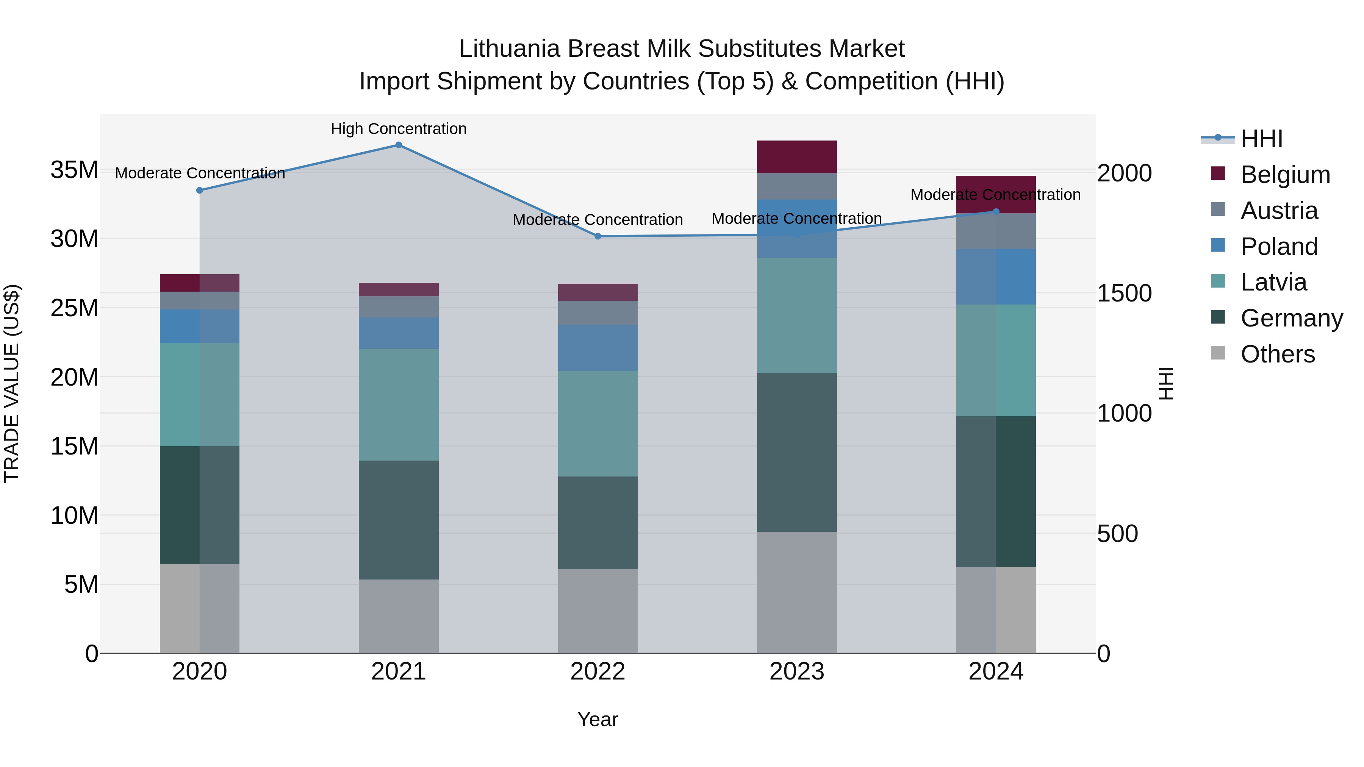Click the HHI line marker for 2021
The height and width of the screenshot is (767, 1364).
click(399, 145)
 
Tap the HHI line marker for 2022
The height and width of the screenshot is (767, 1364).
click(598, 236)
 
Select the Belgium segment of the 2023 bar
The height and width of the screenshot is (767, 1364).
click(796, 157)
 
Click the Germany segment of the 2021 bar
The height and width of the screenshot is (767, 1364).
click(399, 520)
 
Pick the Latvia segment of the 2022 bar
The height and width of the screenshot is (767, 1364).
click(598, 423)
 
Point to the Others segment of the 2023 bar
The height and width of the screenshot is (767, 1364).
click(796, 592)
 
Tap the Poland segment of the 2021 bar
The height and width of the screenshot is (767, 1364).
click(399, 333)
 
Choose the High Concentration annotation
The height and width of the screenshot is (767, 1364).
click(399, 129)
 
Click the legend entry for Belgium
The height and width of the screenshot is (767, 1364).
click(1285, 175)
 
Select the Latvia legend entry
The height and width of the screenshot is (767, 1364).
click(1273, 282)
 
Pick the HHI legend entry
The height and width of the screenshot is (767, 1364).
click(1261, 139)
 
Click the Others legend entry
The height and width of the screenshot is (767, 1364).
click(1277, 354)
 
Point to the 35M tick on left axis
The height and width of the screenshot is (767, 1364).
click(74, 170)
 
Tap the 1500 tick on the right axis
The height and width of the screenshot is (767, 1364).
click(1124, 293)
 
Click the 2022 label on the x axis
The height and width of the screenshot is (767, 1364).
click(598, 672)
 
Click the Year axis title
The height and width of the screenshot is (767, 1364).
click(598, 719)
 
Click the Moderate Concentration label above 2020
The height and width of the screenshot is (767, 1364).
click(200, 173)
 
